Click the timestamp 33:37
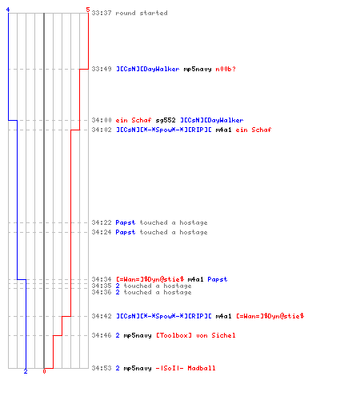pyautogui.click(x=102, y=13)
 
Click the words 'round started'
pyautogui.click(x=142, y=13)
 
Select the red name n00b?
pyautogui.click(x=226, y=69)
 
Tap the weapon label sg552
pyautogui.click(x=166, y=120)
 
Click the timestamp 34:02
pyautogui.click(x=102, y=130)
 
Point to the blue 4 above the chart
pyautogui.click(x=8, y=10)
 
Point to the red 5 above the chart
pyautogui.click(x=88, y=10)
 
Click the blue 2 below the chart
pyautogui.click(x=26, y=371)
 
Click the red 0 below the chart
pyautogui.click(x=44, y=371)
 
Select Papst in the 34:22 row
pyautogui.click(x=126, y=222)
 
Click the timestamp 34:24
pyautogui.click(x=102, y=232)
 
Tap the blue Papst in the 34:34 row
pyautogui.click(x=218, y=279)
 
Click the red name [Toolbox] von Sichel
pyautogui.click(x=196, y=335)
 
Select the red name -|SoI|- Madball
pyautogui.click(x=186, y=368)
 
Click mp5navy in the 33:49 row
pyautogui.click(x=198, y=69)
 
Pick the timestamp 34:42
pyautogui.click(x=102, y=316)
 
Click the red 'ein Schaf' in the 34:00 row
pyautogui.click(x=134, y=120)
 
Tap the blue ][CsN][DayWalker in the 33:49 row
pyautogui.click(x=148, y=69)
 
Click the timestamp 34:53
pyautogui.click(x=102, y=368)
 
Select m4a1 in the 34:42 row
pyautogui.click(x=223, y=316)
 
